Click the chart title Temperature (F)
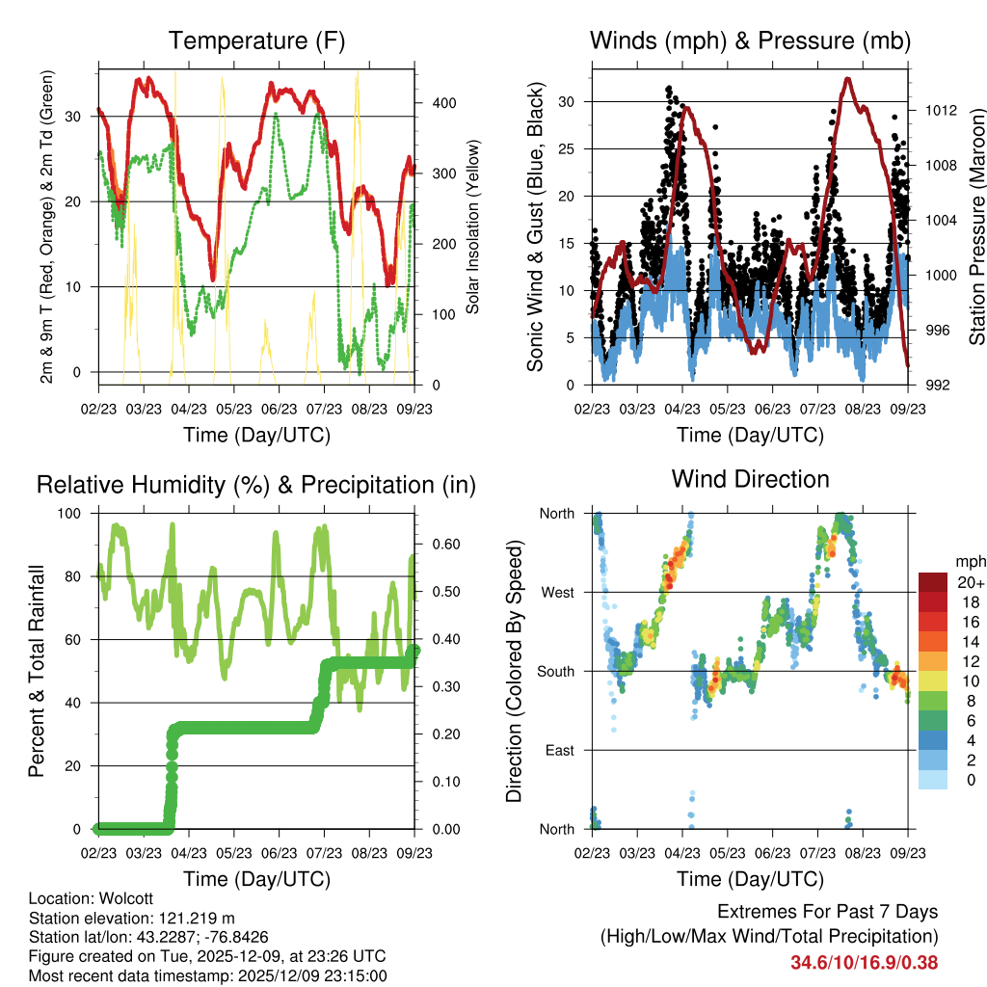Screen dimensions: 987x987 256,41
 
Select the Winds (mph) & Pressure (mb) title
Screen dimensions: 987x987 750,41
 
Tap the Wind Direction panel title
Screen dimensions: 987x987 750,479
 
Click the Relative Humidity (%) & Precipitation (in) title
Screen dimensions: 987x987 256,485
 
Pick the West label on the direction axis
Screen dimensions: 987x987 557,592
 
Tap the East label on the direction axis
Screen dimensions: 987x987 559,750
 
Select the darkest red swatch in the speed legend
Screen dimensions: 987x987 934,582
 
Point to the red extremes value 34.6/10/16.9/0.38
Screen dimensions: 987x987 864,962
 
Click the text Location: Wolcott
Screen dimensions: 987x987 91,898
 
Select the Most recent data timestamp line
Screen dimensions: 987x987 207,975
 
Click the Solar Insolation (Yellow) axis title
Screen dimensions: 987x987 473,227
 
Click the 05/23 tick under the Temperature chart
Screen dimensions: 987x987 233,409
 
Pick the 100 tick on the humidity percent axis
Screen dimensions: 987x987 74,514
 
